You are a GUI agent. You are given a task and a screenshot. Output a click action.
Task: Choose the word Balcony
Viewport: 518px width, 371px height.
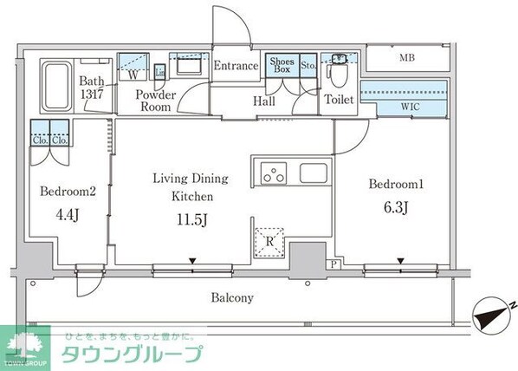click(x=232, y=297)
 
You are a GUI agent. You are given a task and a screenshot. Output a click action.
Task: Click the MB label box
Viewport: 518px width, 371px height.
click(x=405, y=59)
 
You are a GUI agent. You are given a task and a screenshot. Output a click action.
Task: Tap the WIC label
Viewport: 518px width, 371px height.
click(x=411, y=107)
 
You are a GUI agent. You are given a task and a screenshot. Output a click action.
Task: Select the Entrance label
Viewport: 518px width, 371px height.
click(x=236, y=66)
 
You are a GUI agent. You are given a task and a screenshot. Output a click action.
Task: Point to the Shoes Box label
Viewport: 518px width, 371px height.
click(x=282, y=66)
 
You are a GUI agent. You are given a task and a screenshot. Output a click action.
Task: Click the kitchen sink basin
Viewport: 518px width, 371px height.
click(x=313, y=172)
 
